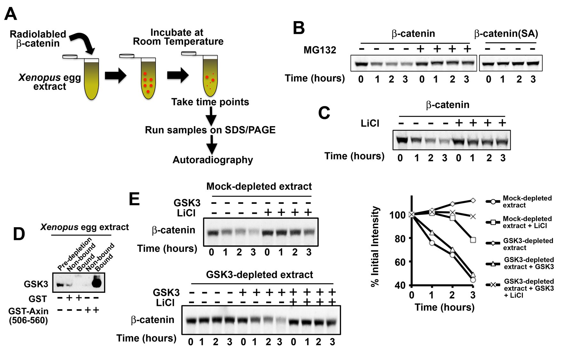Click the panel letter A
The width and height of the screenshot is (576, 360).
click(11, 14)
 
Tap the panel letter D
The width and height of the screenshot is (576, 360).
click(19, 234)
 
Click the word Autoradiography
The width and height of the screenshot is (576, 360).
click(212, 160)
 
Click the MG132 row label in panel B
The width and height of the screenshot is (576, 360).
click(320, 50)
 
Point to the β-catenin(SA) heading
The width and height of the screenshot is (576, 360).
click(506, 34)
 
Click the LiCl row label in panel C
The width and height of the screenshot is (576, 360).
click(370, 123)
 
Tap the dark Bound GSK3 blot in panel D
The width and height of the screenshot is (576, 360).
click(96, 282)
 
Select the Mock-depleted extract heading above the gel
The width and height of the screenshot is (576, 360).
click(259, 186)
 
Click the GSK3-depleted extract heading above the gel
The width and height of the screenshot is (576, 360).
click(259, 275)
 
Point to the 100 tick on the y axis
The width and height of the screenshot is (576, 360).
click(397, 215)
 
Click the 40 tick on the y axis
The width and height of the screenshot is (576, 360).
click(400, 285)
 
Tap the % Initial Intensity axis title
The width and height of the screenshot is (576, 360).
click(375, 246)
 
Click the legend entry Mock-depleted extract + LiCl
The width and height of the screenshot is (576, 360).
click(527, 222)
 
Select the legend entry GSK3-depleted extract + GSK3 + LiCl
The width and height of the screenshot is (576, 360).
click(529, 288)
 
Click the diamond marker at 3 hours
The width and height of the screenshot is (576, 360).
click(473, 201)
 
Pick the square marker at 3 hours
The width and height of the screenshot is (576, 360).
click(473, 240)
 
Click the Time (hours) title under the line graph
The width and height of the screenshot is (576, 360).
click(444, 307)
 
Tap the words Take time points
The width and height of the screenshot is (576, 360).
click(210, 102)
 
